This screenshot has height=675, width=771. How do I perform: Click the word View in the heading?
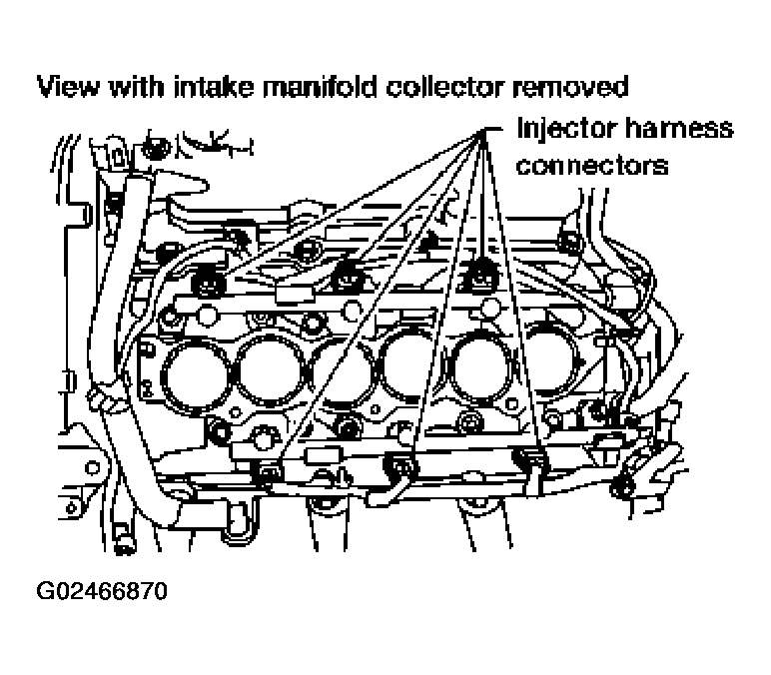(68, 87)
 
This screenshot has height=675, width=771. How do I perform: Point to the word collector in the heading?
(446, 87)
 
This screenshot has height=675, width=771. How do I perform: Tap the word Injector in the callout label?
(567, 129)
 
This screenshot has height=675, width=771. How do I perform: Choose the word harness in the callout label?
(679, 128)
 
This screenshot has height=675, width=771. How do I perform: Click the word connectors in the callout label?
(592, 166)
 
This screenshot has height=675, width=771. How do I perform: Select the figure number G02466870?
(102, 590)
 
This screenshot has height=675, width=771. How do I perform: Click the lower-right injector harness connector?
(531, 459)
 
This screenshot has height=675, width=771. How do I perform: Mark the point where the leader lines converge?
(481, 131)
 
